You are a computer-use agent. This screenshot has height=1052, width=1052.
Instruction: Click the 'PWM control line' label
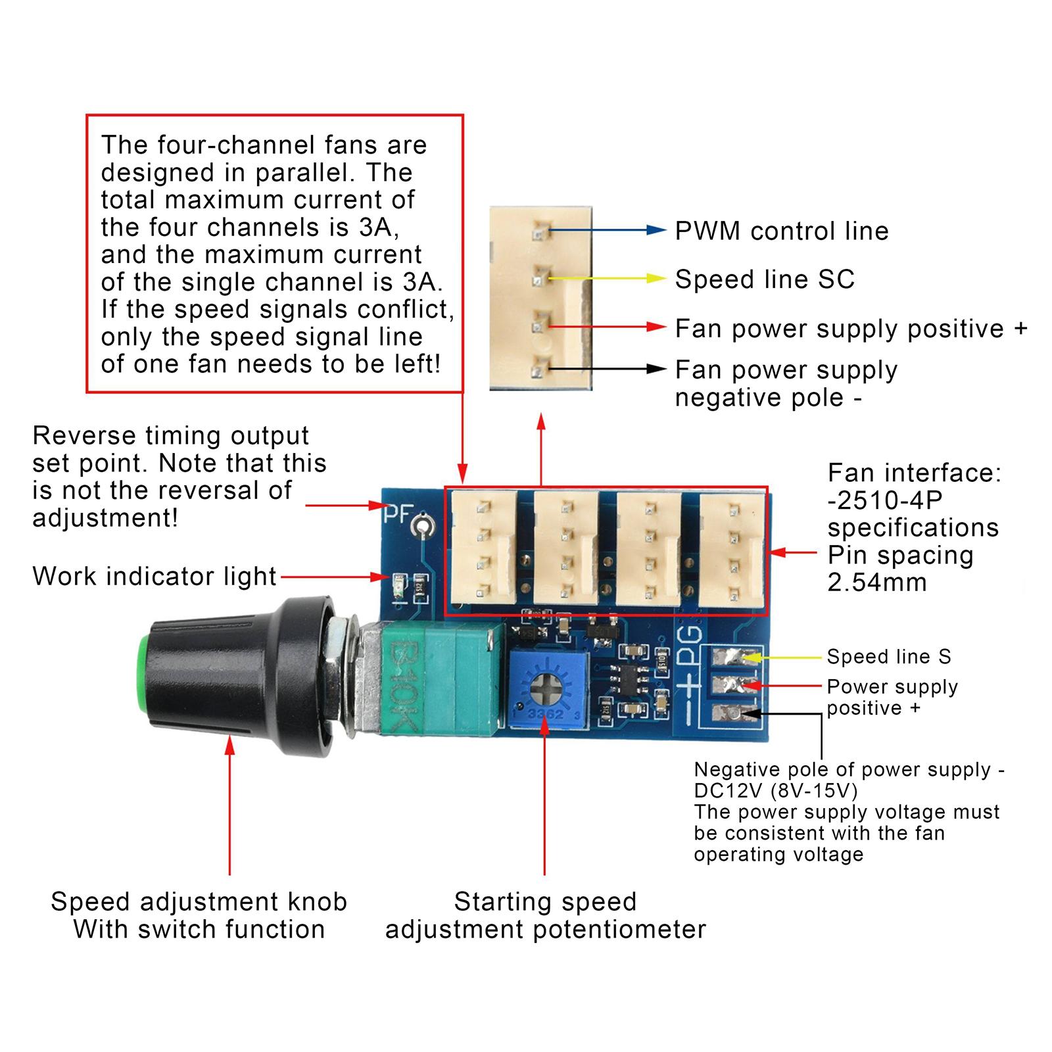point(782,231)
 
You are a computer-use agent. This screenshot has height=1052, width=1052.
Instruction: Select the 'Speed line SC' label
point(765,279)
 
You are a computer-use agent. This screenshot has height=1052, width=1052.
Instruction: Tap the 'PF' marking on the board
point(398,514)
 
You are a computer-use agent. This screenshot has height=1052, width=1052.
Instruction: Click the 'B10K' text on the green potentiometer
point(402,684)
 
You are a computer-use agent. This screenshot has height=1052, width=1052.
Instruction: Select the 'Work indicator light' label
point(155,577)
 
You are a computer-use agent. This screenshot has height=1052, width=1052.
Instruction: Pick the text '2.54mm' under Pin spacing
point(877,583)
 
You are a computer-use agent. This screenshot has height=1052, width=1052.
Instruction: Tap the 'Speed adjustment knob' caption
point(199,901)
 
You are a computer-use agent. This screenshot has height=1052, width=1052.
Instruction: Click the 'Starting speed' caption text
point(545,901)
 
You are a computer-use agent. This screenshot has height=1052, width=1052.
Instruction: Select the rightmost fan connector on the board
point(732,550)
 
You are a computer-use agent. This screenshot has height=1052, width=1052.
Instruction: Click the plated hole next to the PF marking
point(421,525)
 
